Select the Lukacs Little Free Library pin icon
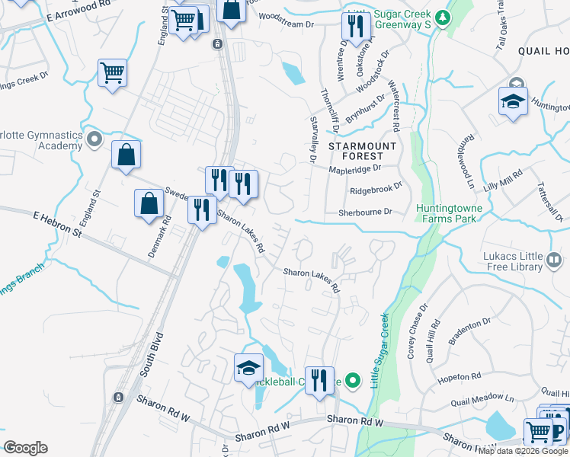point(553,261)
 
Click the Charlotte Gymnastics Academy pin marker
point(94,139)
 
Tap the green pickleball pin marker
point(352,379)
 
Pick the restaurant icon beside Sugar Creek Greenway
point(354,27)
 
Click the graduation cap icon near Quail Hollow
point(513,102)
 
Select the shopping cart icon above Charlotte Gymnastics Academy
point(112,73)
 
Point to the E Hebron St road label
point(57,224)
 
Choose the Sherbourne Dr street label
point(365,213)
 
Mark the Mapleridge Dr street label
point(354,170)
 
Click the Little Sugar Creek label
point(379,350)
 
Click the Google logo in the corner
point(25,448)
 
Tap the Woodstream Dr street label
point(287,24)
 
